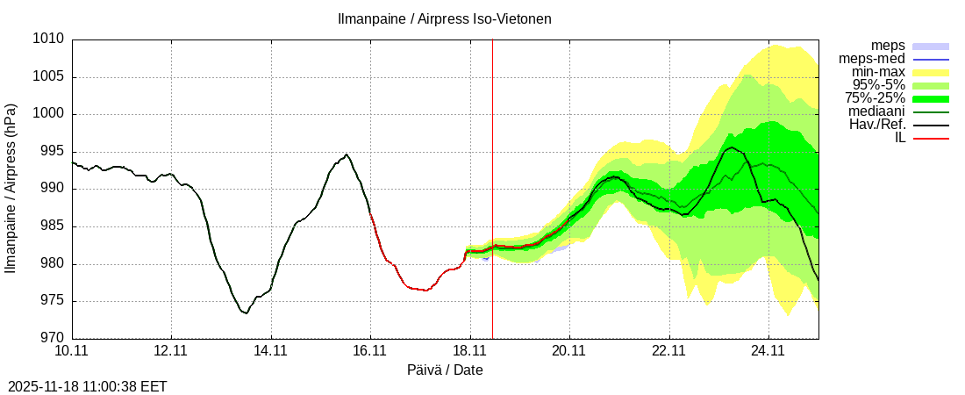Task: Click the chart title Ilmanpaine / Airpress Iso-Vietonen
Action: [x=445, y=18]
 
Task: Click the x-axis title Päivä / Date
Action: [x=445, y=370]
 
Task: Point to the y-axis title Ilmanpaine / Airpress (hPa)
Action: [x=11, y=189]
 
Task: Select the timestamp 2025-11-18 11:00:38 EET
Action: [x=87, y=386]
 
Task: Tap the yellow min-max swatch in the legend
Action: [x=931, y=72]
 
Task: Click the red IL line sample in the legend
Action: [x=931, y=138]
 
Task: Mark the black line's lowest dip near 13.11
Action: [x=246, y=312]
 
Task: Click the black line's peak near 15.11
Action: [x=347, y=154]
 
